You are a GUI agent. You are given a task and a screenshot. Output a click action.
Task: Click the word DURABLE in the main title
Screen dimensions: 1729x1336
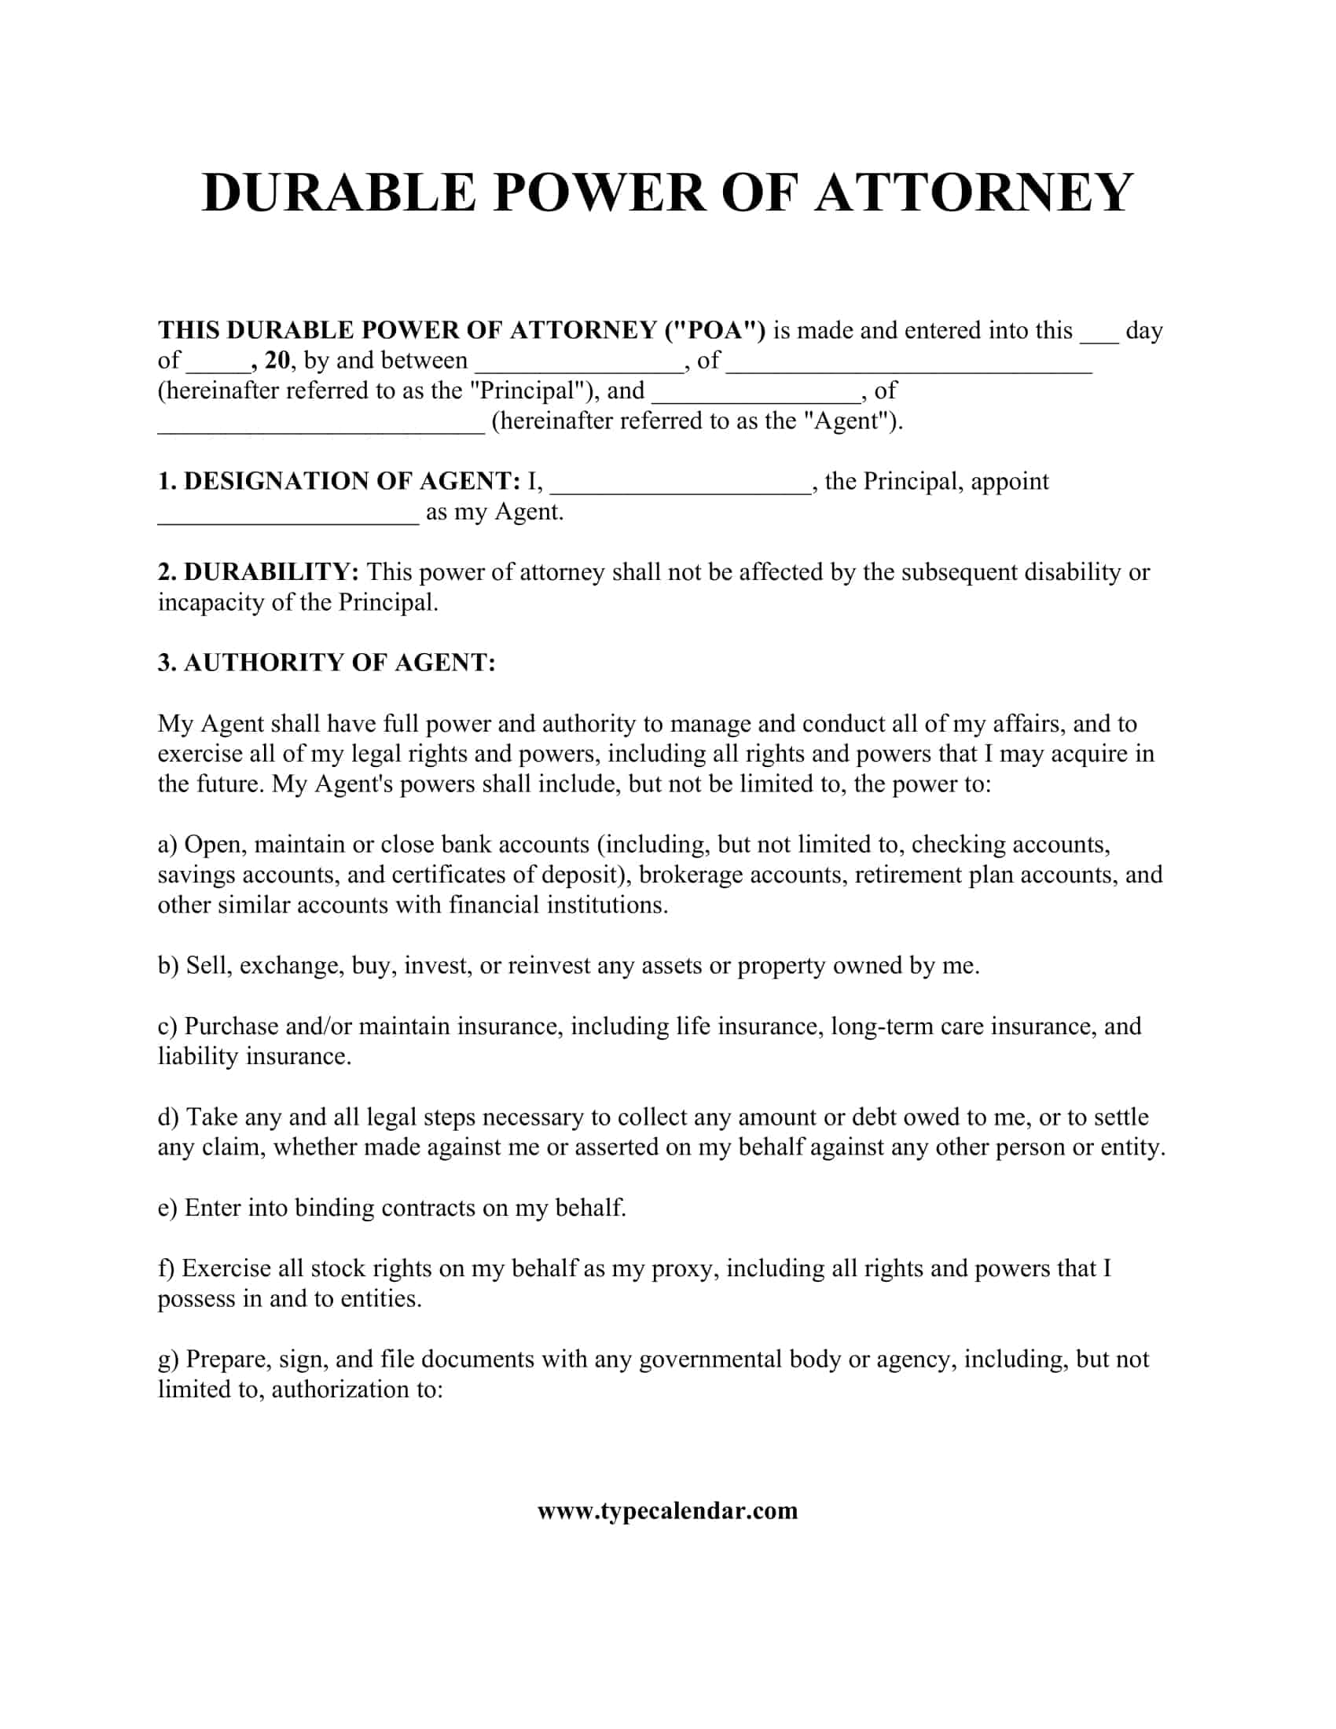click(x=340, y=193)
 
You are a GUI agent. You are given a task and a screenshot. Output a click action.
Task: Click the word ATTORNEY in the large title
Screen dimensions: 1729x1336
click(x=974, y=193)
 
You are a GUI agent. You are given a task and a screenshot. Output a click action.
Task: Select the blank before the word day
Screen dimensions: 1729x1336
click(x=1099, y=332)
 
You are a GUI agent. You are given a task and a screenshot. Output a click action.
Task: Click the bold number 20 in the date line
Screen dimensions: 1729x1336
click(x=277, y=360)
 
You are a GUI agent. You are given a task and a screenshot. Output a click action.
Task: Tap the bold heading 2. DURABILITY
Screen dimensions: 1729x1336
click(x=259, y=571)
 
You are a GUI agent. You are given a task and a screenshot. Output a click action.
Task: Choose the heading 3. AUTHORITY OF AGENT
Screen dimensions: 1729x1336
click(x=326, y=663)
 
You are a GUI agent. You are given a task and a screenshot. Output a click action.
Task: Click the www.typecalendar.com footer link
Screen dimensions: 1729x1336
click(x=667, y=1511)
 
